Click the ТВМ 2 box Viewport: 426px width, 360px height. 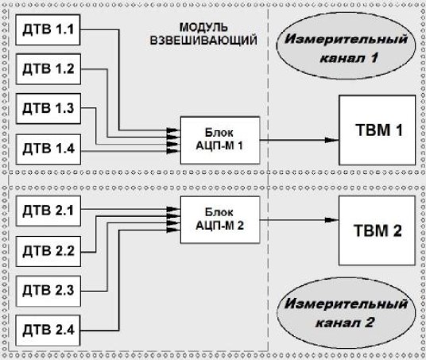[377, 232]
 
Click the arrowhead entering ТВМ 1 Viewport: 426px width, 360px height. [333, 140]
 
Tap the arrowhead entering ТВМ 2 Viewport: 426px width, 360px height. [333, 220]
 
